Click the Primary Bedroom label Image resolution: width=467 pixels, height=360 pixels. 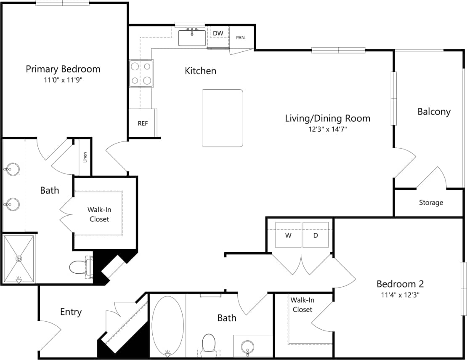(x=63, y=69)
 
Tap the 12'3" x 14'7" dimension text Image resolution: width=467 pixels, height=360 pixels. (x=327, y=129)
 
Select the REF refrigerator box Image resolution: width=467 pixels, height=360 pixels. (x=142, y=123)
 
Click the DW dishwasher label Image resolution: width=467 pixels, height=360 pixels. (x=218, y=33)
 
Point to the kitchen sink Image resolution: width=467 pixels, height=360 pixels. (x=192, y=37)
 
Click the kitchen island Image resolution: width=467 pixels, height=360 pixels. (x=223, y=118)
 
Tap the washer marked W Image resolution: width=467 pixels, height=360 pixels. (x=288, y=235)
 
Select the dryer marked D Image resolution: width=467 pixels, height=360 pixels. (x=316, y=235)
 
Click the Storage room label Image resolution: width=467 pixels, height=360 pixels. (x=431, y=203)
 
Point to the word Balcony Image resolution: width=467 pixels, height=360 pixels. (x=434, y=112)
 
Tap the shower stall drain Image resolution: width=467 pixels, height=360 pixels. (x=19, y=258)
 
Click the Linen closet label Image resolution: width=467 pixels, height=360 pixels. (x=85, y=157)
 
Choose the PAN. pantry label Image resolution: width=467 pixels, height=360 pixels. (x=241, y=37)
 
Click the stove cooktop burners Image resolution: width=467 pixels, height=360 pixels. (x=141, y=73)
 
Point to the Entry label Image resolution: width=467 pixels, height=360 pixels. (x=71, y=312)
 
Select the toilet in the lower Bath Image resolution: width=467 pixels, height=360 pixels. (x=208, y=343)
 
